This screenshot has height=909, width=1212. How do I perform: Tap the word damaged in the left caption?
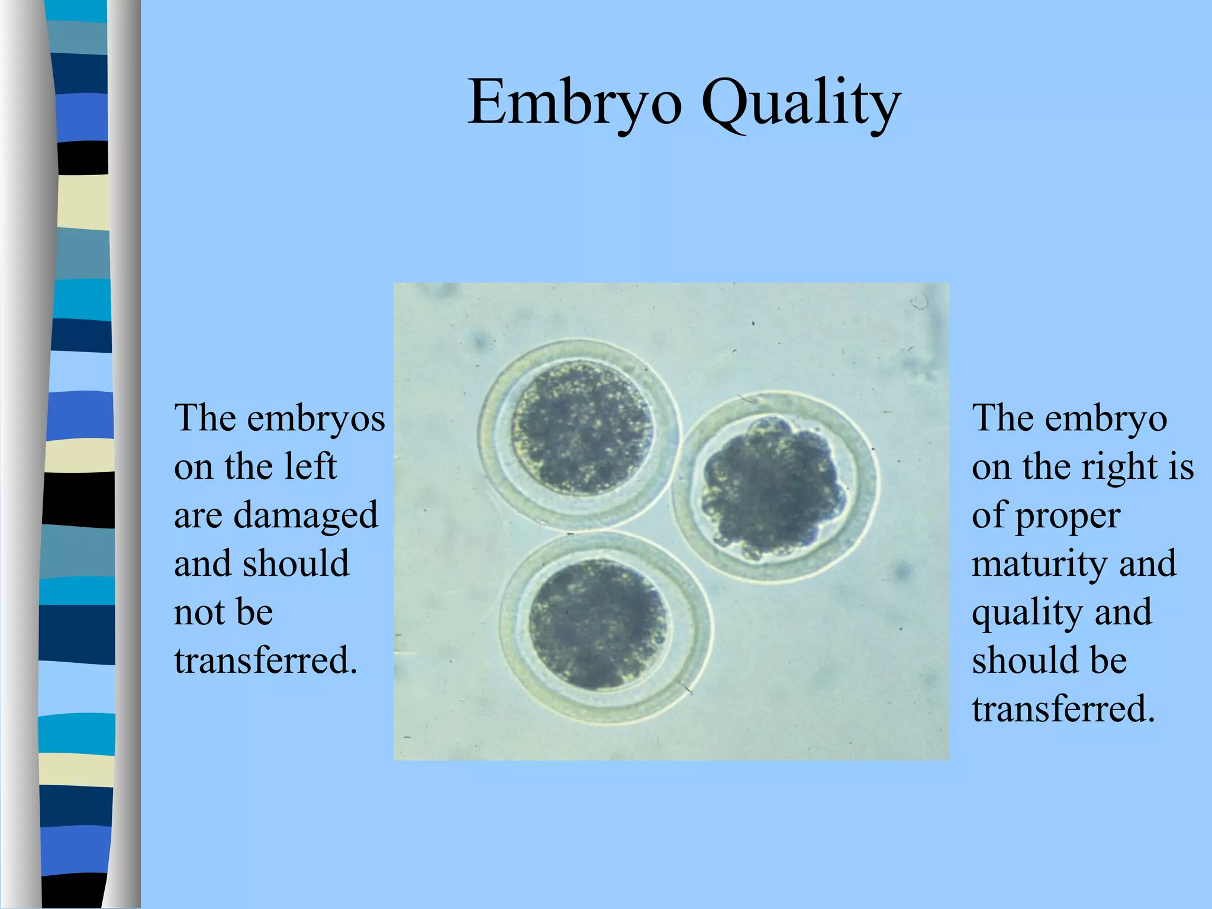pyautogui.click(x=305, y=515)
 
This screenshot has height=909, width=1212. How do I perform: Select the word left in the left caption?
pyautogui.click(x=310, y=466)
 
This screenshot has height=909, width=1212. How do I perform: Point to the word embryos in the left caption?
pyautogui.click(x=316, y=419)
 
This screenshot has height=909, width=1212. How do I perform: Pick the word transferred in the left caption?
pyautogui.click(x=266, y=660)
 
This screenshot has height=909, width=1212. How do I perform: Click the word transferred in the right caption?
pyautogui.click(x=1063, y=709)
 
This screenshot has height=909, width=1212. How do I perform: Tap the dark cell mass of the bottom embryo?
pyautogui.click(x=597, y=624)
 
